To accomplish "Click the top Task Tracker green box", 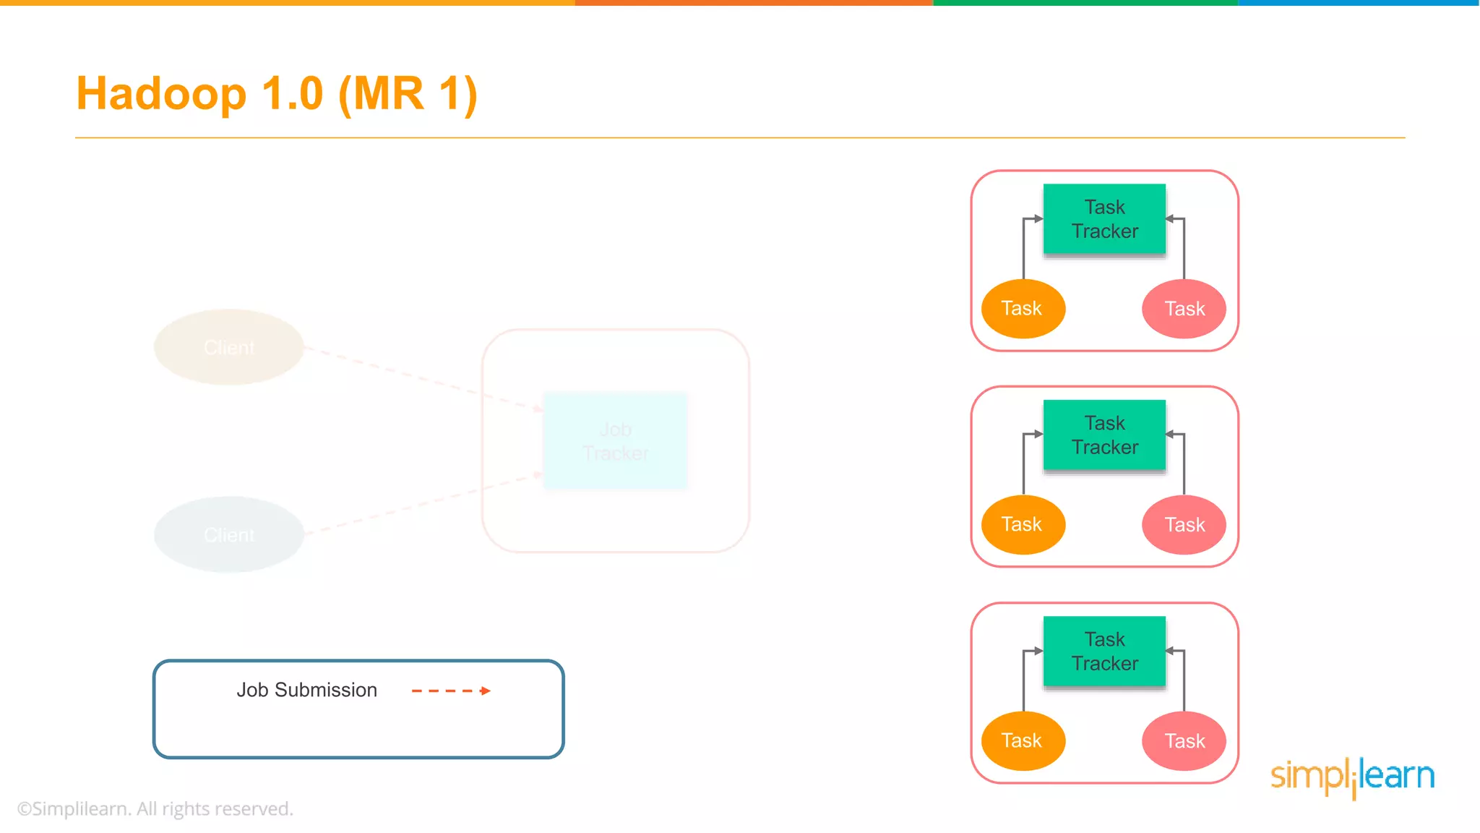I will pyautogui.click(x=1104, y=219).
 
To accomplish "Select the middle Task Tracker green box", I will pyautogui.click(x=1104, y=435).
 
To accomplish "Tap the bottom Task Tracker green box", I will pyautogui.click(x=1104, y=652).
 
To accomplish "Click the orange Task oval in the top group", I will pyautogui.click(x=1023, y=309).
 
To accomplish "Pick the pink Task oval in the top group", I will pyautogui.click(x=1184, y=309).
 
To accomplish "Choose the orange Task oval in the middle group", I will pyautogui.click(x=1023, y=525).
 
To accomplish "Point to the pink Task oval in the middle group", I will pyautogui.click(x=1184, y=525).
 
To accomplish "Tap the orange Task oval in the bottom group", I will pyautogui.click(x=1023, y=741).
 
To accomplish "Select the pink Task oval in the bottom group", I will pyautogui.click(x=1184, y=741).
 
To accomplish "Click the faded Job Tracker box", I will pyautogui.click(x=615, y=441).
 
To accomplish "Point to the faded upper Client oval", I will pyautogui.click(x=229, y=347).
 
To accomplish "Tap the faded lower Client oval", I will pyautogui.click(x=229, y=534).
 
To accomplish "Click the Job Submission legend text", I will pyautogui.click(x=306, y=690).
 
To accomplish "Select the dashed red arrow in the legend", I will pyautogui.click(x=451, y=691).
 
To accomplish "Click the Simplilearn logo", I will pyautogui.click(x=1352, y=777).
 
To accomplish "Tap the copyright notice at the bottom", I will pyautogui.click(x=155, y=808).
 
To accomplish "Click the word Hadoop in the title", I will pyautogui.click(x=161, y=94).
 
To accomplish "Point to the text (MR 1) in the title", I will pyautogui.click(x=408, y=94).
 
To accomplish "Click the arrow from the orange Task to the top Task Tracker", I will pyautogui.click(x=1024, y=246).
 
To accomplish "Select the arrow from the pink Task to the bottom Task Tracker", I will pyautogui.click(x=1184, y=680).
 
